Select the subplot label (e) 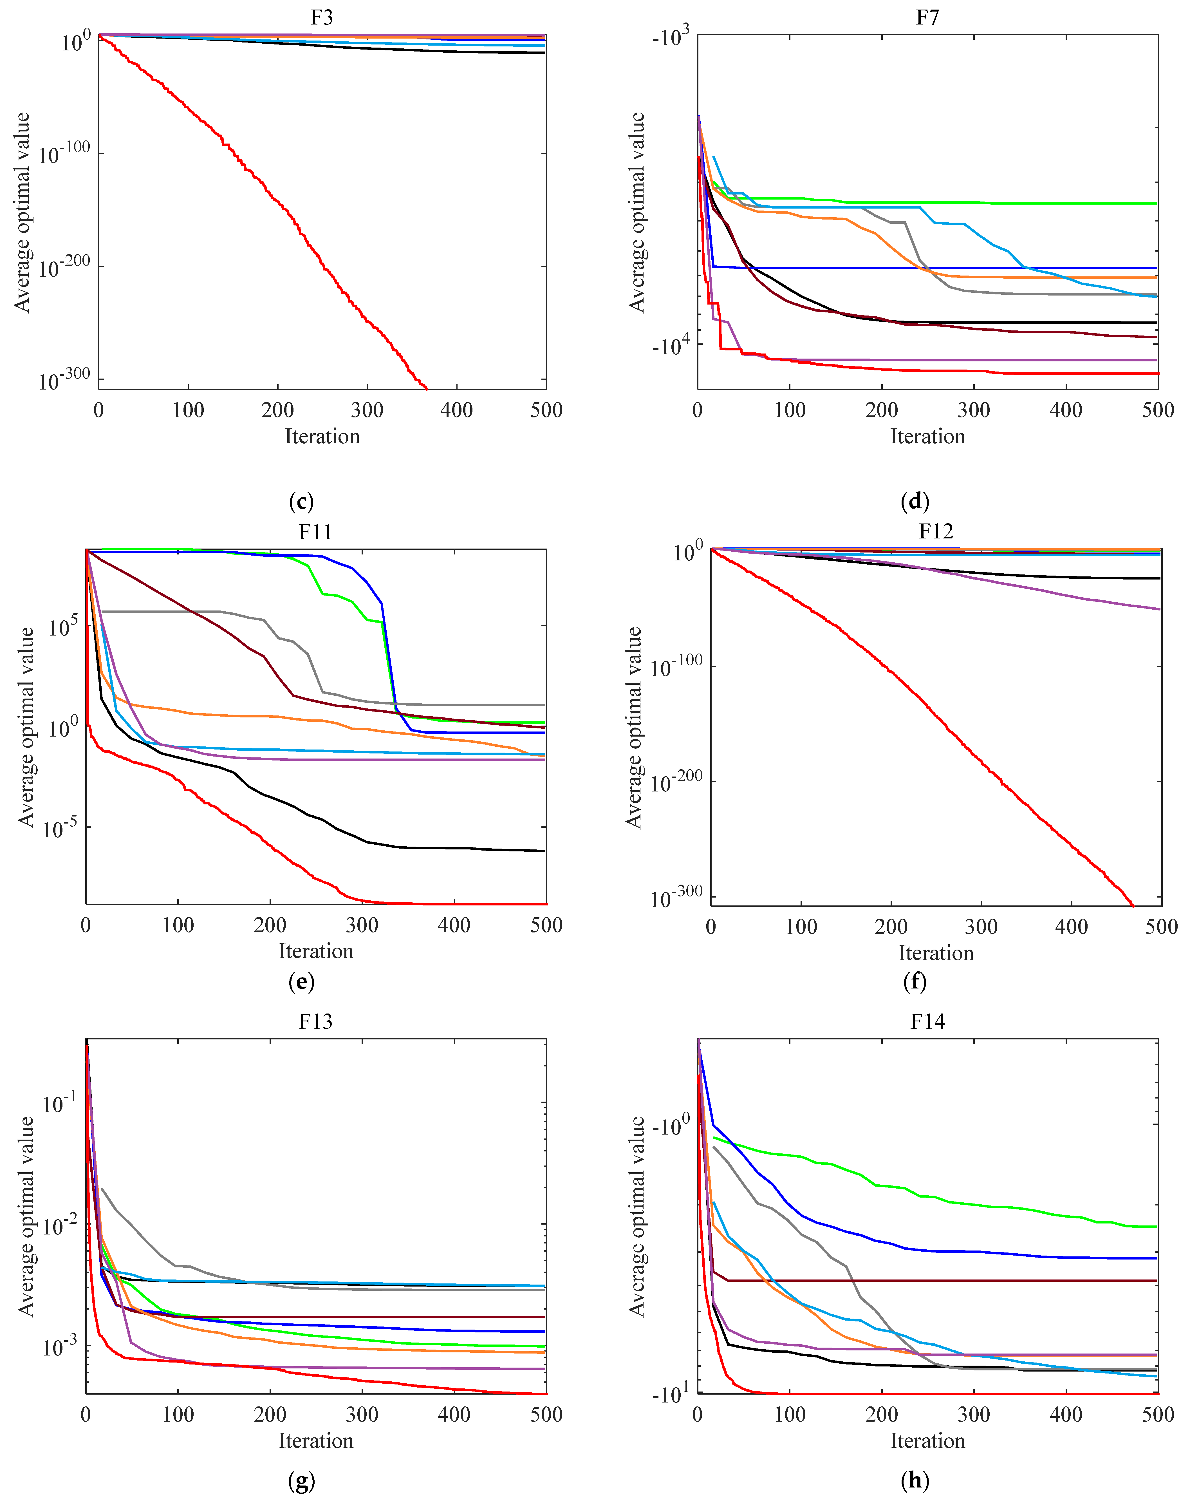[x=301, y=982]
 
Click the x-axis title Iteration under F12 [x=935, y=952]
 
